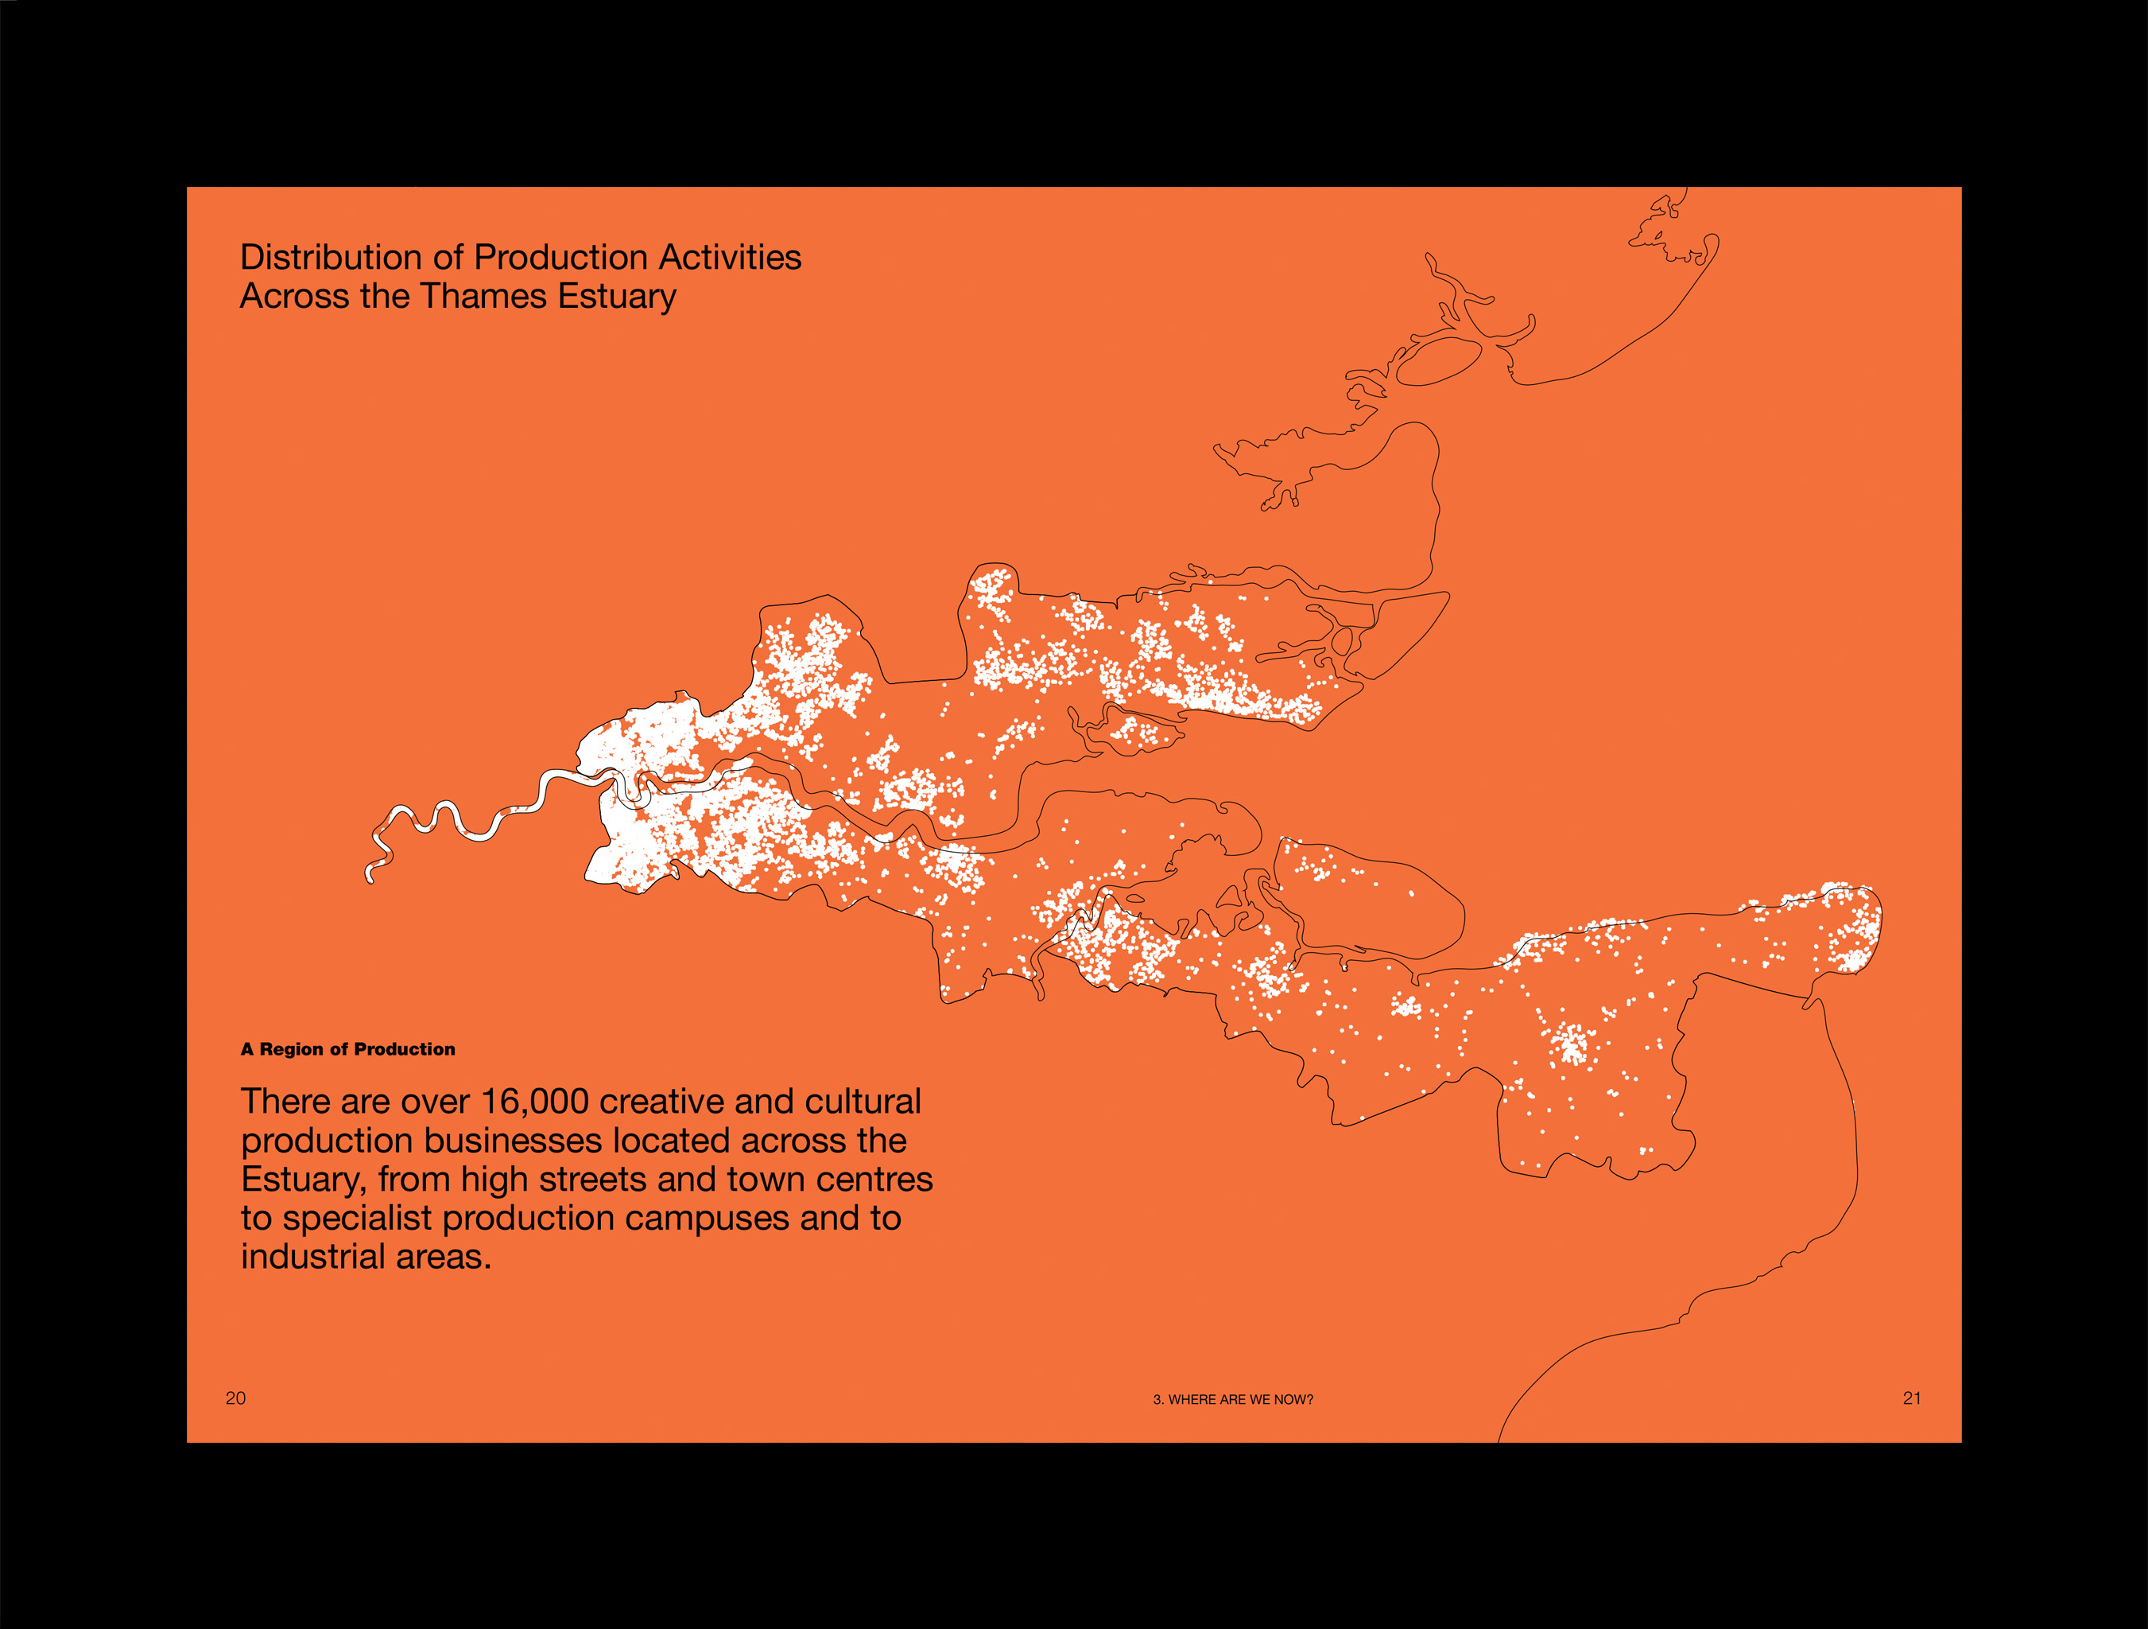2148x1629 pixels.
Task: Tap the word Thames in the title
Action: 483,296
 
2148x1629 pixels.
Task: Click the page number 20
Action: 236,1398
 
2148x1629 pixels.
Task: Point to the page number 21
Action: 1911,1398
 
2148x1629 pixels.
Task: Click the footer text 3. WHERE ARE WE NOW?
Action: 1232,1400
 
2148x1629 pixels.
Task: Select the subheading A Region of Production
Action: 347,1049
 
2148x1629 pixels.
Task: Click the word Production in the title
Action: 560,258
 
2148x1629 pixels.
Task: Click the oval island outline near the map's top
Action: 1438,360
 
